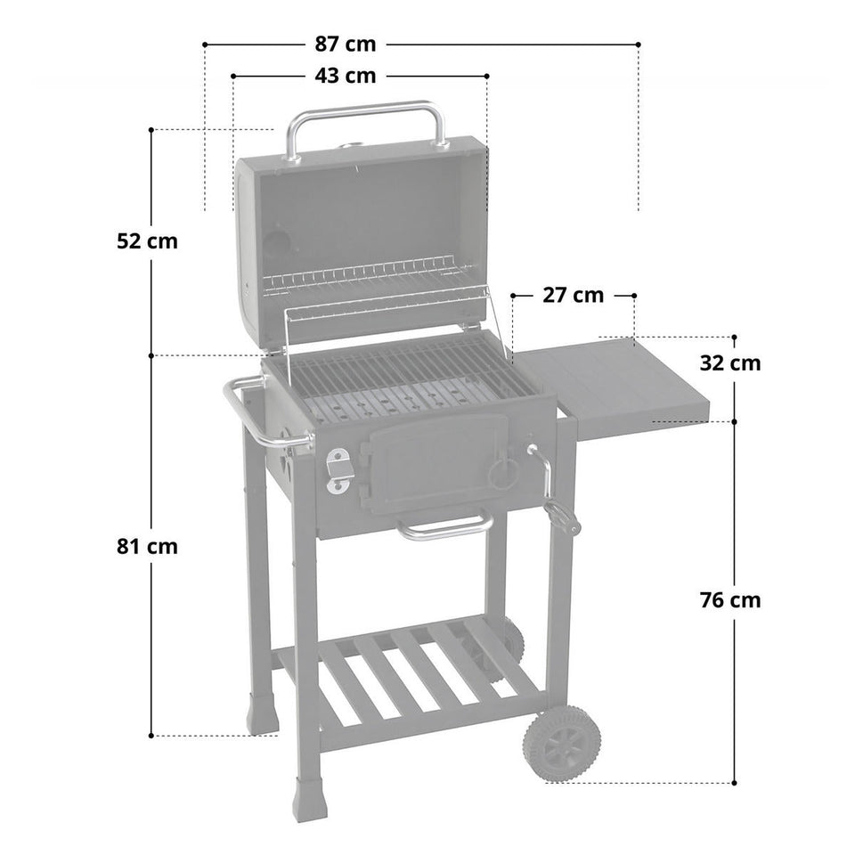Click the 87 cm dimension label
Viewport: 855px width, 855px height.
[x=345, y=43]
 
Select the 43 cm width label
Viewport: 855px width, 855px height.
[x=345, y=76]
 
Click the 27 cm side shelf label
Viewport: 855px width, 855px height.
[x=573, y=295]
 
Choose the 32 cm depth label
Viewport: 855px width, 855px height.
[x=729, y=362]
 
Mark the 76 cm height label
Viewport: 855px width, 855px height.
[x=729, y=599]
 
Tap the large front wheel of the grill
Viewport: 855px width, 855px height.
[x=561, y=744]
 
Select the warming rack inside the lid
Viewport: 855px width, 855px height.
[x=365, y=276]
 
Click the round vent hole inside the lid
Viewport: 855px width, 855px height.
[x=280, y=243]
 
